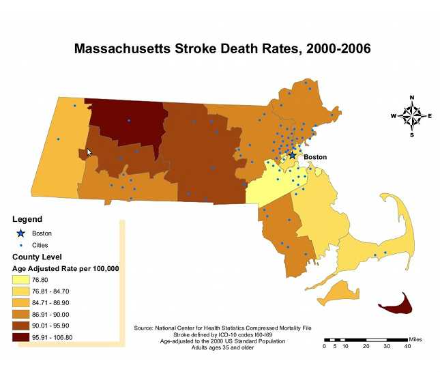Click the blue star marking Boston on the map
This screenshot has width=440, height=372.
click(x=293, y=156)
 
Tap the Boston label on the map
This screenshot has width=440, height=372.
click(x=315, y=157)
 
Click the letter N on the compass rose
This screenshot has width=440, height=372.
click(x=411, y=98)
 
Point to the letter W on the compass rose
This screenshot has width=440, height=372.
click(x=394, y=116)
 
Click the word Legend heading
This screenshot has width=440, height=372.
click(x=27, y=219)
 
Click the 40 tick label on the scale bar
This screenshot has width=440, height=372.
click(x=407, y=347)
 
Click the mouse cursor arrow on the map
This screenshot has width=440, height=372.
click(x=89, y=153)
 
